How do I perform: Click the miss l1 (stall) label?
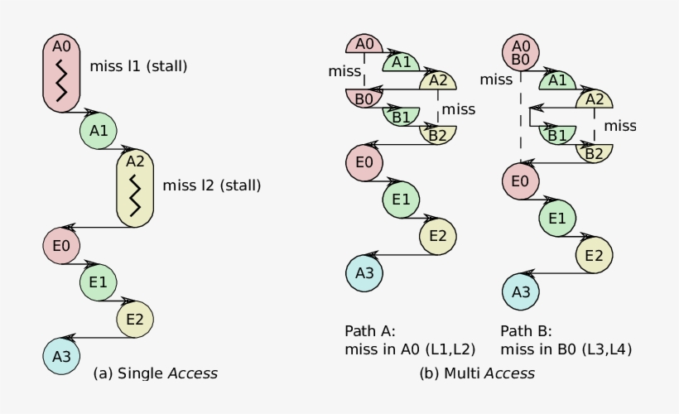pos(138,66)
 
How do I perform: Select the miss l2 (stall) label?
pos(212,185)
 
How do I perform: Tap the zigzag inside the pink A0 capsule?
pos(61,79)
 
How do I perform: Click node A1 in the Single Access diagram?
pos(99,131)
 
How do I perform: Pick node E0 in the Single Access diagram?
pos(61,245)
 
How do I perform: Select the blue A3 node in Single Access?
pos(61,356)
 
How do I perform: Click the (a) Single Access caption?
pos(157,373)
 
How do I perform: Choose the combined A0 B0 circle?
pos(521,53)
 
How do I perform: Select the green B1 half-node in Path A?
pos(402,117)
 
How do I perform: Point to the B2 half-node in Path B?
pos(594,152)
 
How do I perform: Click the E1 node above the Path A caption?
pos(402,199)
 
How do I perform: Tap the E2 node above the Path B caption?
pos(594,255)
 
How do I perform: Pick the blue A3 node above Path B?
pos(521,291)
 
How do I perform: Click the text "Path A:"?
pos(370,330)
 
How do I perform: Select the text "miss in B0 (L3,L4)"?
pos(566,349)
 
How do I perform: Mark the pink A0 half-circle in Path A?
pos(364,45)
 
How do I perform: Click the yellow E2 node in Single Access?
pos(136,320)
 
